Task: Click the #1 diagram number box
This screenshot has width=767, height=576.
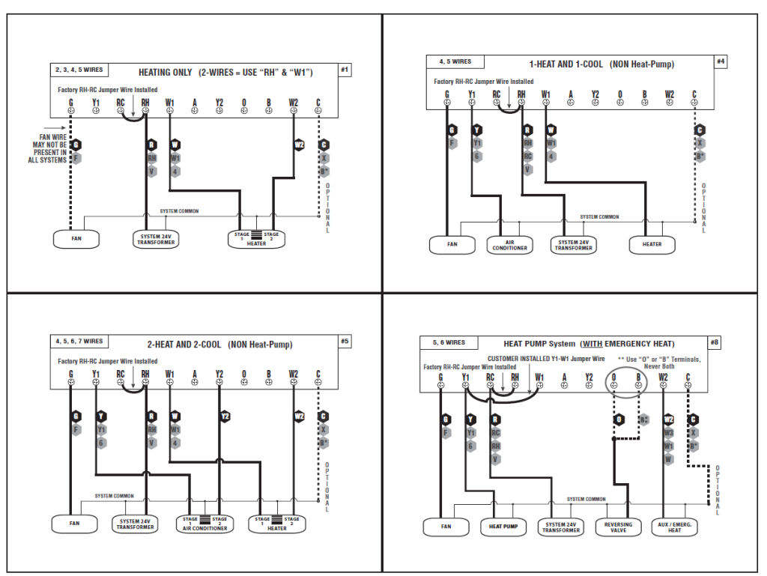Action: (345, 70)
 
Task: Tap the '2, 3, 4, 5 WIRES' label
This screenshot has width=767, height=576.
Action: (79, 70)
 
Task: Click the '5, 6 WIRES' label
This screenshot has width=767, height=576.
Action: (449, 342)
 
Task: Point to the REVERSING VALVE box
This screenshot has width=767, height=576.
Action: (618, 527)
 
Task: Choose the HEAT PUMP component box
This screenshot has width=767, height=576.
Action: (503, 527)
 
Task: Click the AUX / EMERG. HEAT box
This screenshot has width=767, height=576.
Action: (675, 527)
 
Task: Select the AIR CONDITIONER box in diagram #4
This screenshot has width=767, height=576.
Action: (509, 245)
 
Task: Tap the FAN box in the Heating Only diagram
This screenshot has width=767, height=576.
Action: (76, 239)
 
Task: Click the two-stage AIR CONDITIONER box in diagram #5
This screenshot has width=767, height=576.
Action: (204, 523)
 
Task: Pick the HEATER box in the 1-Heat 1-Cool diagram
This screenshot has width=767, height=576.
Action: (652, 244)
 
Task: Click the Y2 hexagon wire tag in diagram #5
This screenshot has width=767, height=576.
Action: (225, 416)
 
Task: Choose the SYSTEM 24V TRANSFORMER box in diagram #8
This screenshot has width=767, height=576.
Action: (561, 527)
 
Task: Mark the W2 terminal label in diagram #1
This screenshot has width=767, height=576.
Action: (294, 103)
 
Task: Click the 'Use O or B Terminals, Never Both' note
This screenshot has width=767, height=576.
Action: (659, 363)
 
